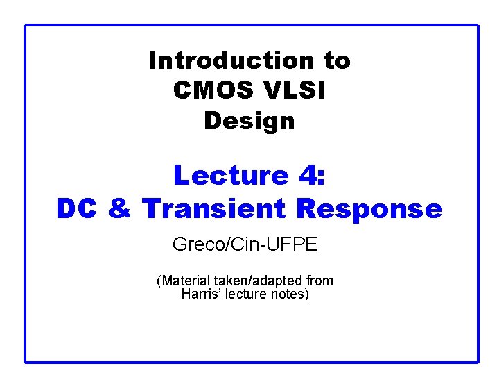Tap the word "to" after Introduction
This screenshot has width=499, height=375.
336,61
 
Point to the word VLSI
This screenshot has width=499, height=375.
297,91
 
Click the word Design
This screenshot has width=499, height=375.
249,122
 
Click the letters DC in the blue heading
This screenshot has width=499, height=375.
78,208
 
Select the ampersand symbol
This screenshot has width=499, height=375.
120,208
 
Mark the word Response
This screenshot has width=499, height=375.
368,208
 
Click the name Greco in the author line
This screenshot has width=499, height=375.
194,244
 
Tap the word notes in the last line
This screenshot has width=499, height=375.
291,294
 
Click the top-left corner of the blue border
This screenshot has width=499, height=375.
26,26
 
